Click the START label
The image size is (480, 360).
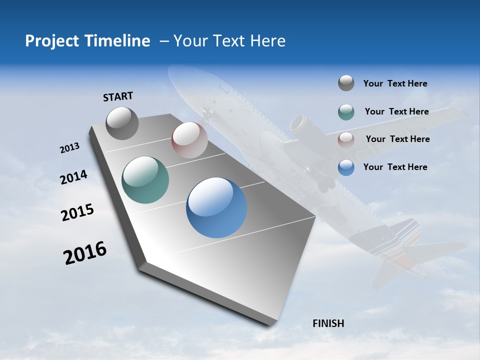point(118,96)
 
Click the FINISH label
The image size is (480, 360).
point(328,323)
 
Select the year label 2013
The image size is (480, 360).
point(69,148)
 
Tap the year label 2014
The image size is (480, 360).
point(73,177)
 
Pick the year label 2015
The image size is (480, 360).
point(77,212)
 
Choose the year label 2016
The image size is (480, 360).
point(85,253)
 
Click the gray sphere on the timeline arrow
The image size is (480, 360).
point(122,123)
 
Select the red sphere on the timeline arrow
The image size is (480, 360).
point(189,140)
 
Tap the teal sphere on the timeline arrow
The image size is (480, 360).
point(145,180)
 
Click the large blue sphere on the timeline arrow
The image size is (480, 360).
point(216,207)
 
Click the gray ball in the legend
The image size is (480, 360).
point(346,83)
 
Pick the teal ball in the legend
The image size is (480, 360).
point(346,112)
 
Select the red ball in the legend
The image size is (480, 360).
point(346,140)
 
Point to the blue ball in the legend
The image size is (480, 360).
point(346,167)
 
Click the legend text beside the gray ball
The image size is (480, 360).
point(395,84)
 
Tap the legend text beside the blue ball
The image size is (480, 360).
point(395,167)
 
